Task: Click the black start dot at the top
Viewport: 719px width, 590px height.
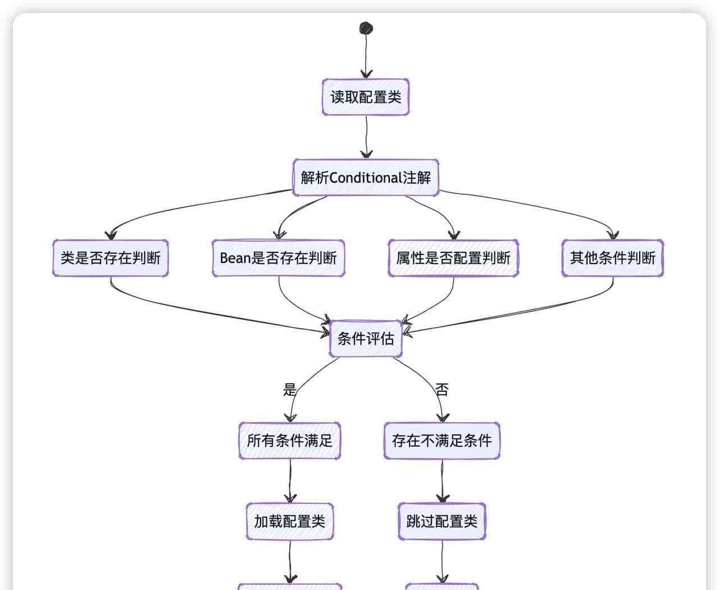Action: click(366, 28)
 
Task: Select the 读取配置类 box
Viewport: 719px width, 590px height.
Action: click(366, 97)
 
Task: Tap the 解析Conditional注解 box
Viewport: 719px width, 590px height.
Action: click(366, 178)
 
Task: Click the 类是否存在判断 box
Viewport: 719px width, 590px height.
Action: click(111, 258)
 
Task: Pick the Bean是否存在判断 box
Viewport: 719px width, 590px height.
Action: click(279, 258)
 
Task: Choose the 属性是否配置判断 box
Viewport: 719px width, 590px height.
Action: click(453, 258)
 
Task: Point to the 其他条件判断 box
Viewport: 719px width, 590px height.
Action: click(613, 258)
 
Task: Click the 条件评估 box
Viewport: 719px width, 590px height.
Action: click(366, 338)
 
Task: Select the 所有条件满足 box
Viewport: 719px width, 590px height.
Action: click(290, 441)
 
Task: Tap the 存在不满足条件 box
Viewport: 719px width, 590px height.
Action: click(442, 441)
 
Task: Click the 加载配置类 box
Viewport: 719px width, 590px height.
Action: click(290, 521)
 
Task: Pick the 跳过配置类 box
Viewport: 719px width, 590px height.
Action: click(442, 521)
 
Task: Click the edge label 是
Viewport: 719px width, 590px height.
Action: click(289, 389)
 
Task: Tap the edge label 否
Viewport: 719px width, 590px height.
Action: click(442, 389)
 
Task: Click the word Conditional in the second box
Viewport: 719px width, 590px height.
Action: click(365, 178)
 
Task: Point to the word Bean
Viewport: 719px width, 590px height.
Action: click(235, 258)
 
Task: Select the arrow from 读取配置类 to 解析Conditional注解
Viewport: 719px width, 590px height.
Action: click(367, 138)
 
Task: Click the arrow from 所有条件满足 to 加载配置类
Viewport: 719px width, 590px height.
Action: click(290, 481)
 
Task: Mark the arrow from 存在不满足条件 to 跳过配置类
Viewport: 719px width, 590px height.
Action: click(442, 481)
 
